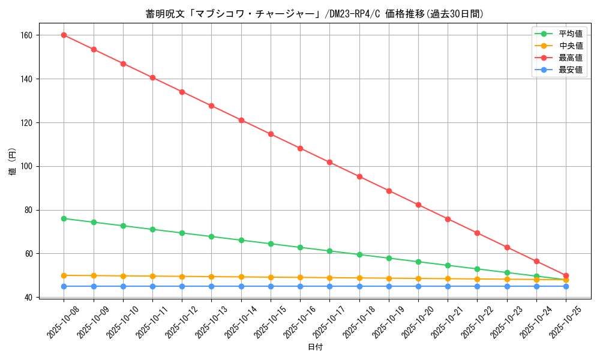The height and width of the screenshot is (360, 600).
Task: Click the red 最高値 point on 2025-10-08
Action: coord(64,35)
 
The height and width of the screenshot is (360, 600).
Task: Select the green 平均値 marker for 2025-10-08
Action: coord(64,218)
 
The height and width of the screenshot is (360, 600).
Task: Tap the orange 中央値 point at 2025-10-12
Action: coord(182,277)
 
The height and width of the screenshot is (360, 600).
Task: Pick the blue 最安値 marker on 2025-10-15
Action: coord(271,286)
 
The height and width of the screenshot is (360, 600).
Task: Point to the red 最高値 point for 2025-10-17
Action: coord(330,162)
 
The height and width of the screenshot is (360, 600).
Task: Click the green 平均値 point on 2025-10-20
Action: coord(418,262)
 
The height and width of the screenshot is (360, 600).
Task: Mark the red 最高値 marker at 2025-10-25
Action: coord(566,275)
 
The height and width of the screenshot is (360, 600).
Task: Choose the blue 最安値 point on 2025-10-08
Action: coord(64,286)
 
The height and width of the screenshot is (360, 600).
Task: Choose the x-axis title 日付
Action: coord(315,347)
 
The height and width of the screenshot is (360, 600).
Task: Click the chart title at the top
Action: coord(315,14)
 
